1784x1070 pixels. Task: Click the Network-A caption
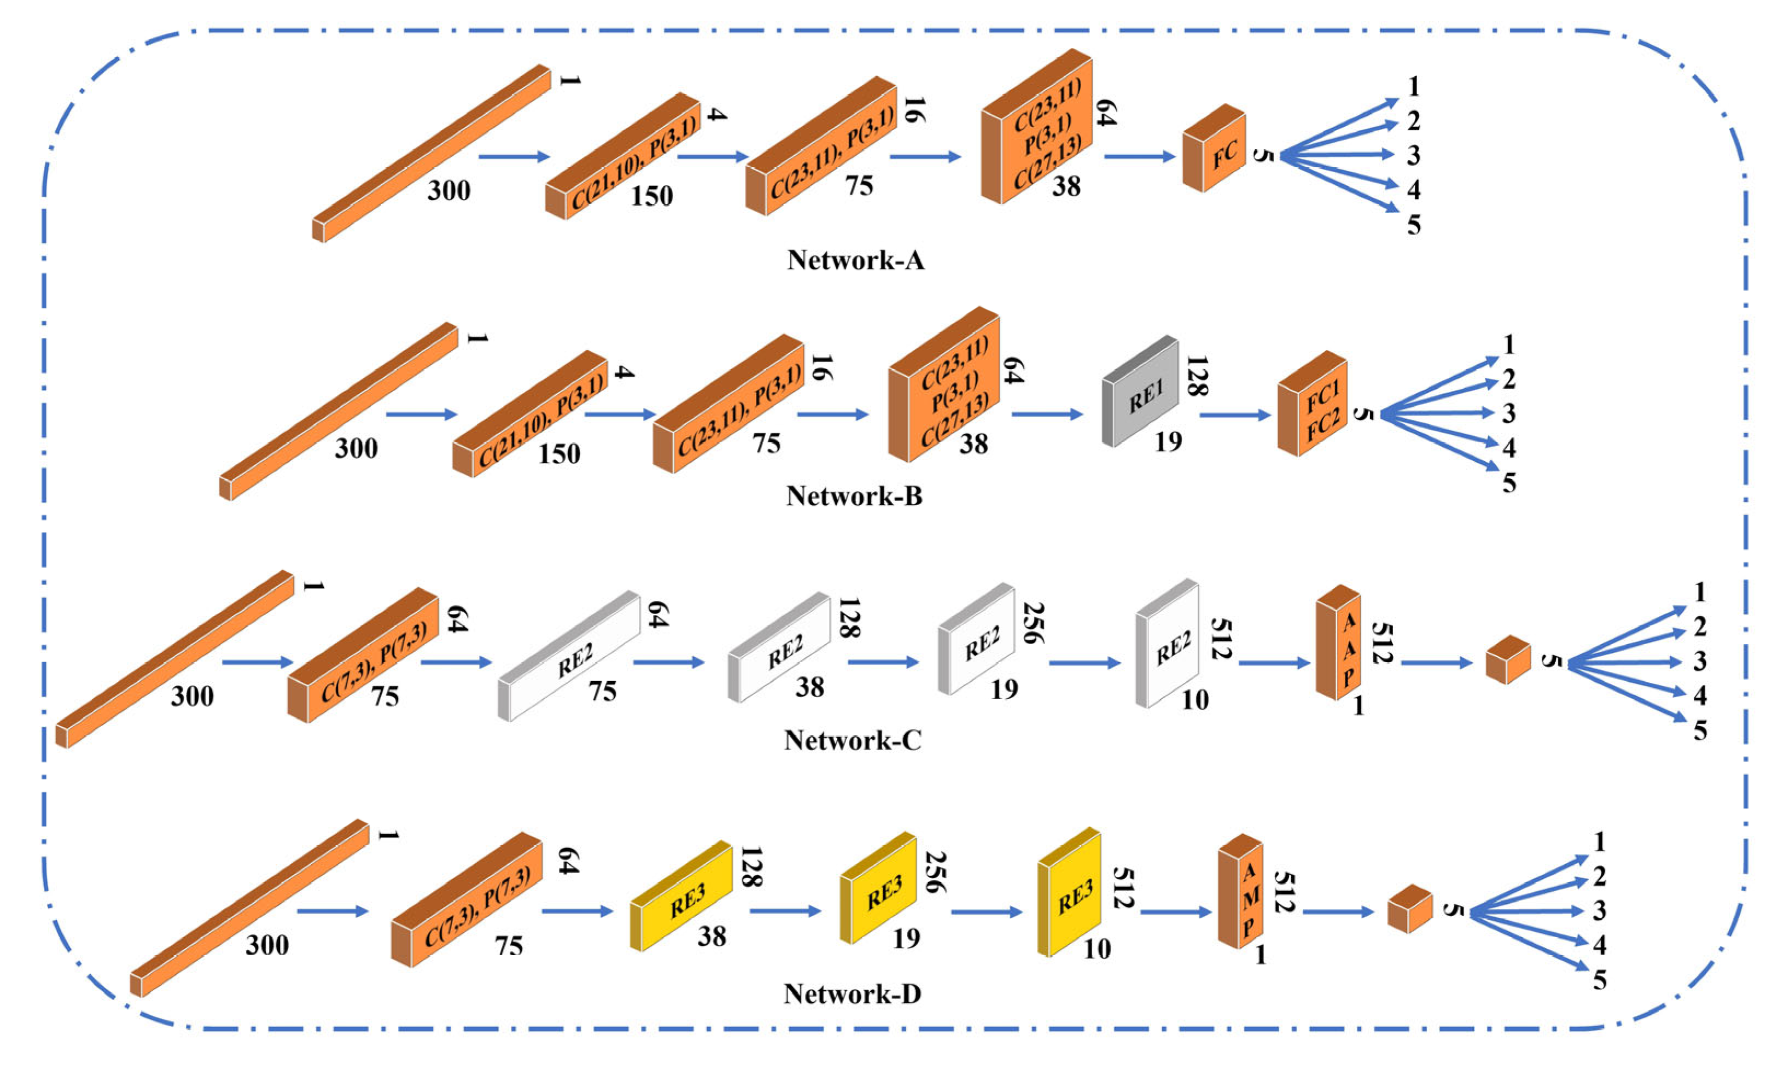pyautogui.click(x=855, y=260)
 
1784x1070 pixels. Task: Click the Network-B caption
pyautogui.click(x=854, y=495)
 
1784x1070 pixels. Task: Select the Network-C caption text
pyautogui.click(x=852, y=740)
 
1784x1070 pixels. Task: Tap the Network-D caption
pyautogui.click(x=852, y=993)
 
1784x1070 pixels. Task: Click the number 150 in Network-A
pyautogui.click(x=652, y=196)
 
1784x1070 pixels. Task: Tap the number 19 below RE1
pyautogui.click(x=1168, y=441)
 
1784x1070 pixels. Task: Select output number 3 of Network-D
pyautogui.click(x=1599, y=911)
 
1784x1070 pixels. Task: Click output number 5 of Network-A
pyautogui.click(x=1413, y=225)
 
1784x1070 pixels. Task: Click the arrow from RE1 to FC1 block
pyautogui.click(x=1234, y=416)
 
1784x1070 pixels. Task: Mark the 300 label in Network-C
pyautogui.click(x=192, y=696)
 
